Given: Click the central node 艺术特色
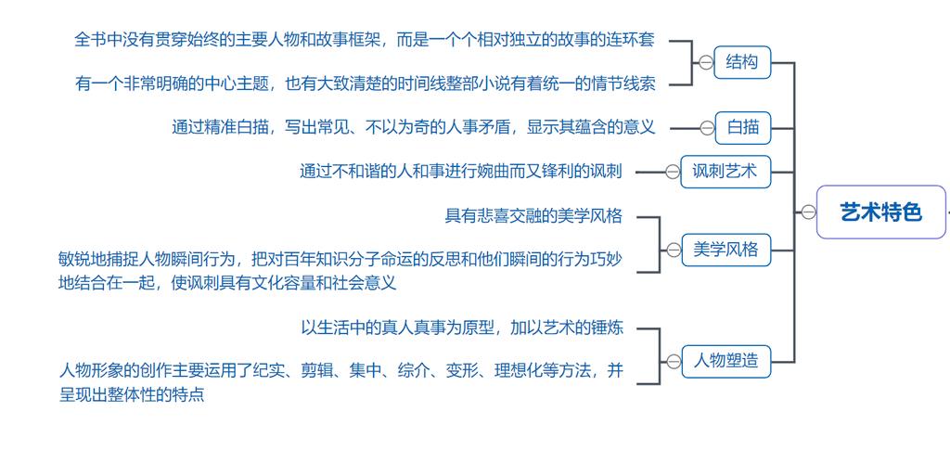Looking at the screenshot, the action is tap(880, 212).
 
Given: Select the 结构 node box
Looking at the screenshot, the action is tap(742, 62).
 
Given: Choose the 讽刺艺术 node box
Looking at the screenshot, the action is tap(725, 171).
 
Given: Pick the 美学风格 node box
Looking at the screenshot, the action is tap(725, 250).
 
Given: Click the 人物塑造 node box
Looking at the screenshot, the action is tap(725, 361).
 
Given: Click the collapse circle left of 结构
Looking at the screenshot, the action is tap(706, 62).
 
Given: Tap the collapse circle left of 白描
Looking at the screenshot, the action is tap(708, 127).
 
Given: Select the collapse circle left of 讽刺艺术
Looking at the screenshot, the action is tap(673, 171).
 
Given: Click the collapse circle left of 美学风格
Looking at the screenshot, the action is tap(674, 250).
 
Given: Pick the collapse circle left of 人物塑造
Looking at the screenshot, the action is tap(674, 361).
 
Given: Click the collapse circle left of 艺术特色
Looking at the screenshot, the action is tap(808, 212).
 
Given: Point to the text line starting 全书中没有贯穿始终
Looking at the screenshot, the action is tap(365, 40).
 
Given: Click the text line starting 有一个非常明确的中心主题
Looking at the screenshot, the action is tap(365, 84).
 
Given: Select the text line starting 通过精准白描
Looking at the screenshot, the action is tap(413, 127).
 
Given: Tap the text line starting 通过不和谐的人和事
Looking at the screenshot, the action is tap(460, 171).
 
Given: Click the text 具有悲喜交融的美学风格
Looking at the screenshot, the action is tap(533, 216).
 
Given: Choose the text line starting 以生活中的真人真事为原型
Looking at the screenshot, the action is tap(461, 327).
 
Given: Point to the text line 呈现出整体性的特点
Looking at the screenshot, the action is tap(132, 394).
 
